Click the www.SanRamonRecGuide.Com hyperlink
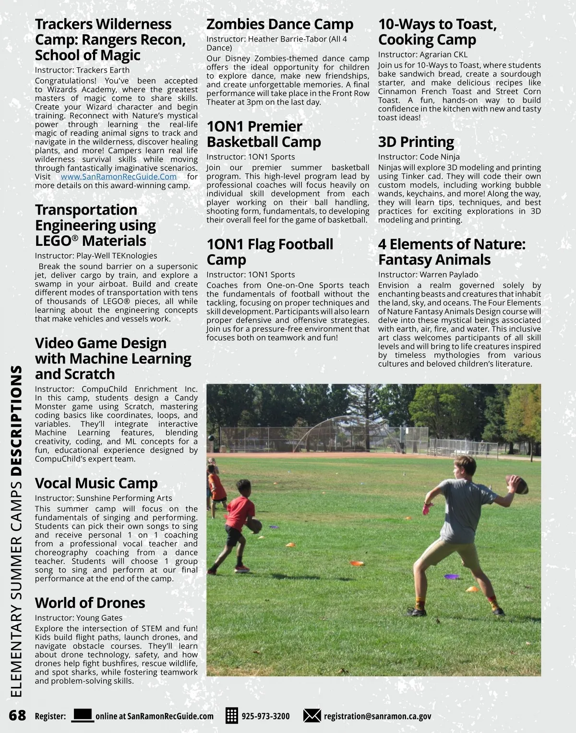(119, 177)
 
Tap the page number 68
(17, 716)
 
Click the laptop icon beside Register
(82, 715)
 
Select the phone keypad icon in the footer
(232, 716)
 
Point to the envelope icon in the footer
(312, 716)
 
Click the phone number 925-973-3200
(265, 716)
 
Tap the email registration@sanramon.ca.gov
(377, 716)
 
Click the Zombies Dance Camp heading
(280, 24)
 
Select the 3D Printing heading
(416, 142)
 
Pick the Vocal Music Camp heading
(96, 483)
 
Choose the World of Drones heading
(90, 602)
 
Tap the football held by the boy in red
(256, 526)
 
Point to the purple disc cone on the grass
(453, 576)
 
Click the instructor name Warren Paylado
(449, 275)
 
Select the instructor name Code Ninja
(440, 157)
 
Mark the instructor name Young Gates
(99, 618)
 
